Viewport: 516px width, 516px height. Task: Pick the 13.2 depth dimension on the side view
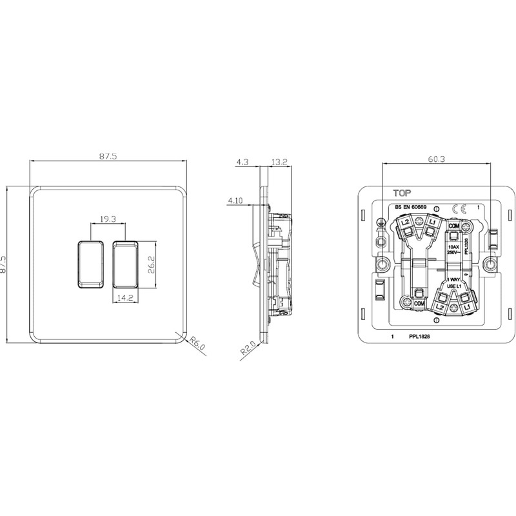(x=279, y=163)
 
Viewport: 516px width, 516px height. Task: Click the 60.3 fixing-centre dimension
(x=436, y=158)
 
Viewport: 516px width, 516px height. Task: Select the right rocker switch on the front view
(x=125, y=264)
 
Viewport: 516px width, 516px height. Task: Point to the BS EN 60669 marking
(x=411, y=207)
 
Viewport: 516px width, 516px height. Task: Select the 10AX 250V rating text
(x=453, y=249)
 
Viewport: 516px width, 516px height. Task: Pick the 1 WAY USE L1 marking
(x=454, y=283)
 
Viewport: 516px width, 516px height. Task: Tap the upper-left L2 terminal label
(x=406, y=223)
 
